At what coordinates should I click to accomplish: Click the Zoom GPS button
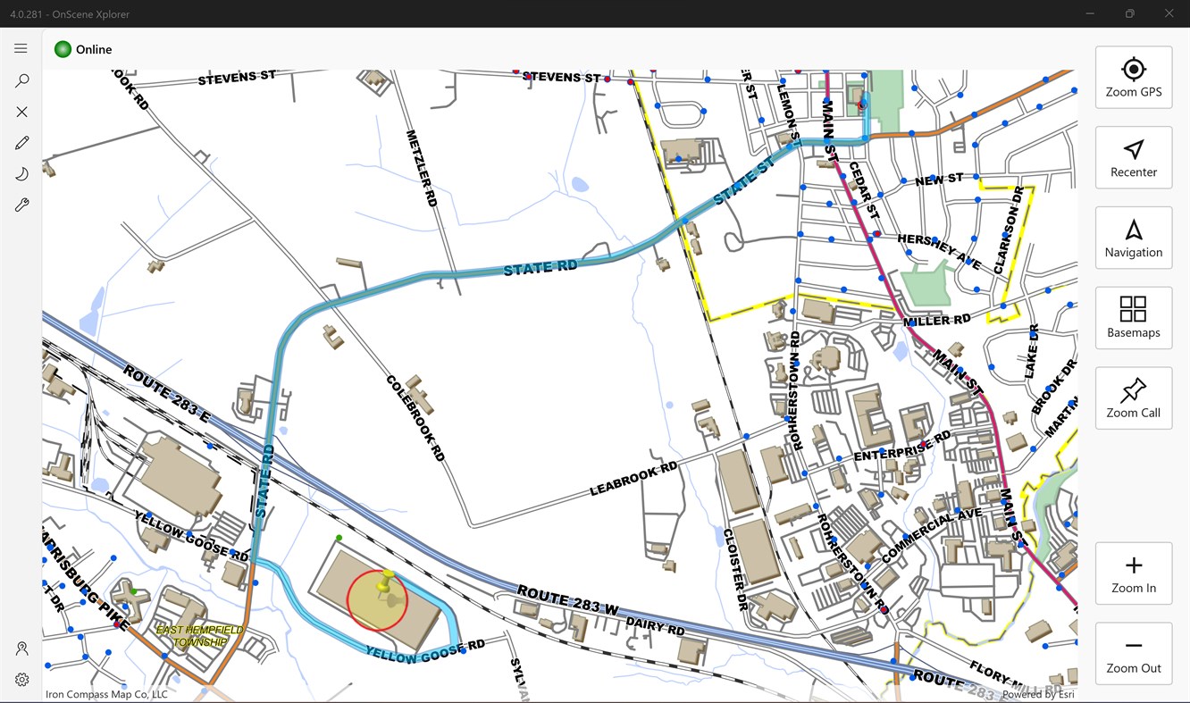[x=1133, y=78]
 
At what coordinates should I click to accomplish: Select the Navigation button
[x=1133, y=238]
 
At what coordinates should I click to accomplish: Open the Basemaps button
[x=1133, y=318]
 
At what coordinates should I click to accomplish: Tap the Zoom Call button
[x=1133, y=398]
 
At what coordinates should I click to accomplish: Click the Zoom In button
[x=1133, y=573]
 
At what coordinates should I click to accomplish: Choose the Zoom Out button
[x=1133, y=654]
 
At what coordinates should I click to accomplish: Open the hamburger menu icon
[x=21, y=48]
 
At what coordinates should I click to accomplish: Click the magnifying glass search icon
[x=21, y=80]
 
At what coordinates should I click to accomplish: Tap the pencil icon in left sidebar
[x=21, y=143]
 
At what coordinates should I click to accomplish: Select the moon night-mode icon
[x=21, y=174]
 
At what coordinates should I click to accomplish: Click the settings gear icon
[x=21, y=680]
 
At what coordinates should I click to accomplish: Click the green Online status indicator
[x=63, y=49]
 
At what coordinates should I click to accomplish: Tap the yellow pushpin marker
[x=386, y=582]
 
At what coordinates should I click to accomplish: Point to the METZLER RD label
[x=422, y=169]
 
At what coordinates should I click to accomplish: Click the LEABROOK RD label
[x=633, y=480]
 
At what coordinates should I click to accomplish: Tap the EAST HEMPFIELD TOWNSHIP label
[x=200, y=636]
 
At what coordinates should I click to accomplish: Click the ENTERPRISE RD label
[x=902, y=446]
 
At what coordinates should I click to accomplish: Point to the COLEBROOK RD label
[x=415, y=417]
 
